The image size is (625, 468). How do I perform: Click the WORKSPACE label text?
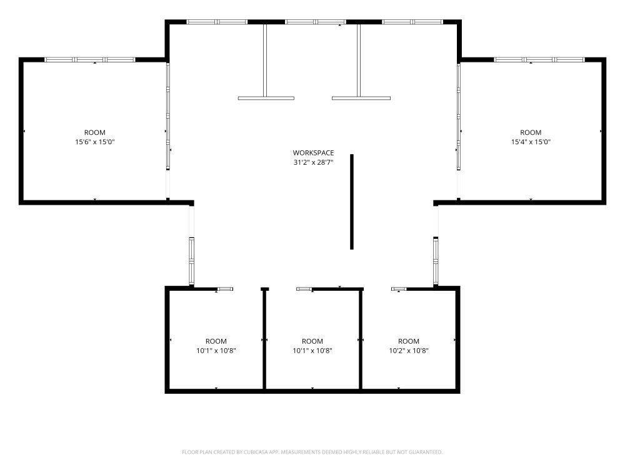pyautogui.click(x=313, y=153)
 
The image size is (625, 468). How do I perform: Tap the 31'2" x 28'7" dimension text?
pyautogui.click(x=313, y=162)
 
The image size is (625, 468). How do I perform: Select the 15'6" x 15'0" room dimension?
pyautogui.click(x=95, y=142)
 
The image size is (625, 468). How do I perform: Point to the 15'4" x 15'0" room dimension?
pyautogui.click(x=531, y=142)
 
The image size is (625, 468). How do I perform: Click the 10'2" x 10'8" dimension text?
pyautogui.click(x=409, y=351)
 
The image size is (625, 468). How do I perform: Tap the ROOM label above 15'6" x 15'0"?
pyautogui.click(x=95, y=132)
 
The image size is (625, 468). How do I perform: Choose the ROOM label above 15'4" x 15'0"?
pyautogui.click(x=531, y=132)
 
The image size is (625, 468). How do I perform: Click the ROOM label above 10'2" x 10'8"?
pyautogui.click(x=409, y=341)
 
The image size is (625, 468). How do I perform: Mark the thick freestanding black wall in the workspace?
pyautogui.click(x=351, y=202)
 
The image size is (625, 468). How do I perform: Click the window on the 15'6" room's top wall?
pyautogui.click(x=89, y=60)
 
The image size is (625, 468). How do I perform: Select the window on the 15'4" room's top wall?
pyautogui.click(x=539, y=60)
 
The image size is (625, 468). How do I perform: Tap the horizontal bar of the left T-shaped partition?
pyautogui.click(x=266, y=98)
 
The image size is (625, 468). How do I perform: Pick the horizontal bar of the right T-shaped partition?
pyautogui.click(x=361, y=98)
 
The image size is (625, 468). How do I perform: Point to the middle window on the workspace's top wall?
pyautogui.click(x=315, y=22)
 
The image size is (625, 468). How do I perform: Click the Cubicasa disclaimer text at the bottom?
pyautogui.click(x=312, y=452)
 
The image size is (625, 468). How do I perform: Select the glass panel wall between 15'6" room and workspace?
pyautogui.click(x=167, y=116)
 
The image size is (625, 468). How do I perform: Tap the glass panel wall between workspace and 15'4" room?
pyautogui.click(x=459, y=116)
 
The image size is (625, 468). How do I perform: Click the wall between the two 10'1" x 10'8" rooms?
pyautogui.click(x=264, y=338)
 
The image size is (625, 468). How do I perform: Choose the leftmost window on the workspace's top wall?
pyautogui.click(x=217, y=22)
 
